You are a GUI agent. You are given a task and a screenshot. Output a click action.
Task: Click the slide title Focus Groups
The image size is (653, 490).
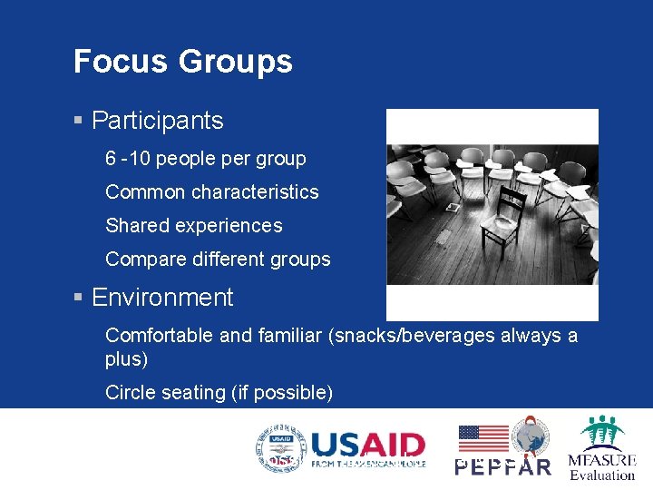[x=182, y=62]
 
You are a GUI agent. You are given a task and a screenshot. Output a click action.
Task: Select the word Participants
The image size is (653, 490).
[x=157, y=121]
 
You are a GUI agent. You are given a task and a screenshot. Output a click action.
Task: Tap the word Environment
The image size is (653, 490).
[x=162, y=298]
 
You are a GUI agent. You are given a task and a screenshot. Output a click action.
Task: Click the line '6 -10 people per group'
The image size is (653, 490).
[x=206, y=159]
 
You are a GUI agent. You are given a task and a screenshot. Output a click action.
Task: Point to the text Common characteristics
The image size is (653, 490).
[x=212, y=192]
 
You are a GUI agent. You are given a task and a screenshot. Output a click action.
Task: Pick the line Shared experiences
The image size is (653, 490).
[x=194, y=226]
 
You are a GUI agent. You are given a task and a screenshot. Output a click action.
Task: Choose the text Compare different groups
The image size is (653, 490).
[x=218, y=260]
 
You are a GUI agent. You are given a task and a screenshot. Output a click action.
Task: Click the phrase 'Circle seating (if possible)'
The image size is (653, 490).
[x=219, y=393]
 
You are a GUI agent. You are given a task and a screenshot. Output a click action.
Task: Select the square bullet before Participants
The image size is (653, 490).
[x=79, y=121]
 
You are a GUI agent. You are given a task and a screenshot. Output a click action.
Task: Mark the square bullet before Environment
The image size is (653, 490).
[x=79, y=298]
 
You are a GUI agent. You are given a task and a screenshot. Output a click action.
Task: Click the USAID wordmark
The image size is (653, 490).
[x=367, y=446]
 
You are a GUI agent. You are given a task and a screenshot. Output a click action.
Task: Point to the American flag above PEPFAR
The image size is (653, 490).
[x=482, y=438]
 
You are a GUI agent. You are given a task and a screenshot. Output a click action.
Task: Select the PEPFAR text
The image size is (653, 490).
[x=502, y=466]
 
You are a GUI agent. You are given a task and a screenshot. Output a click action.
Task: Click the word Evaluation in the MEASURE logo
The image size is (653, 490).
[x=602, y=475]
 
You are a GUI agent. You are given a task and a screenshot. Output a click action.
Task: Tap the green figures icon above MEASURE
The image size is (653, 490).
[x=603, y=432]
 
